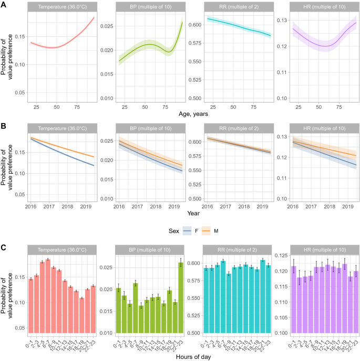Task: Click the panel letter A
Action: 4,4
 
